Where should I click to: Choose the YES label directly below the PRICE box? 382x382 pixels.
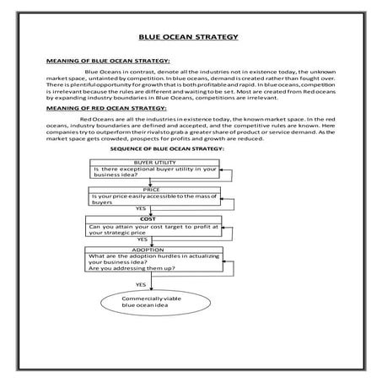140,207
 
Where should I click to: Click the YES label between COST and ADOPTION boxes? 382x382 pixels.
132,239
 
